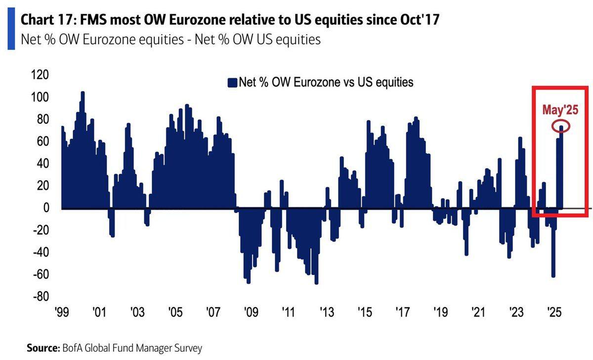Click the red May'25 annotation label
click(560, 110)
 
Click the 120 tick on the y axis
click(40, 75)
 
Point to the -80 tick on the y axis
click(41, 296)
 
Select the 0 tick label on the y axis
click(46, 208)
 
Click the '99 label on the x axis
click(62, 312)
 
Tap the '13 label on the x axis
click(327, 312)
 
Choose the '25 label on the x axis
click(554, 312)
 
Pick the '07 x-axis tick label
click(213, 312)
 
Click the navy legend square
click(232, 83)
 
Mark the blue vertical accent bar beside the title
click(11, 29)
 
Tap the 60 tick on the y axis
click(43, 141)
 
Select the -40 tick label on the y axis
click(41, 252)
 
